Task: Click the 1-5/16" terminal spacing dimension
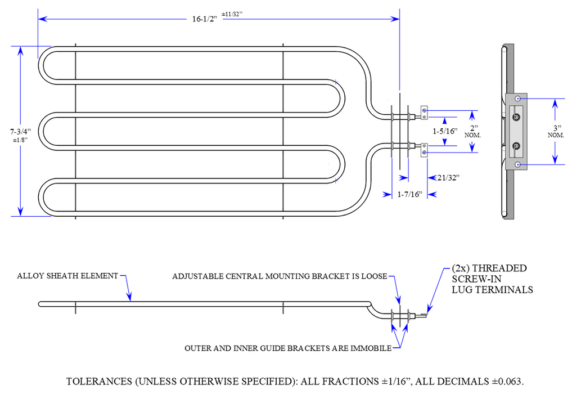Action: pos(444,131)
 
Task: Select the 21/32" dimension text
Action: pos(448,177)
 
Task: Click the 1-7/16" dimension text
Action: pos(409,195)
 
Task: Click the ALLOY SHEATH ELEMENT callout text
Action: pos(67,276)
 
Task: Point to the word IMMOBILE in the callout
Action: pos(371,348)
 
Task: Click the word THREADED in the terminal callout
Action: pos(500,268)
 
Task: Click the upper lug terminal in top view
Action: pos(425,113)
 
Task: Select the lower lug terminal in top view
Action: pos(425,149)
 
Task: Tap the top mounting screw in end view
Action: pos(517,99)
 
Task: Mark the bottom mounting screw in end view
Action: pos(517,164)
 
